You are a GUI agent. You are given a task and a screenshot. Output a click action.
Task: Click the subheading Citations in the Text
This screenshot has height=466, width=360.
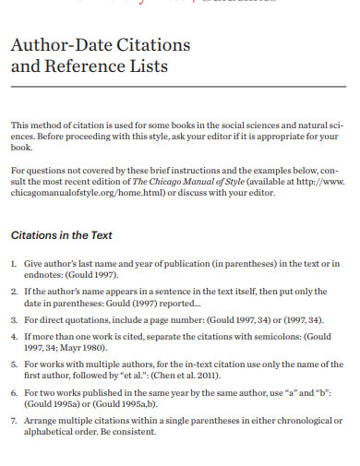[61, 234]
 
